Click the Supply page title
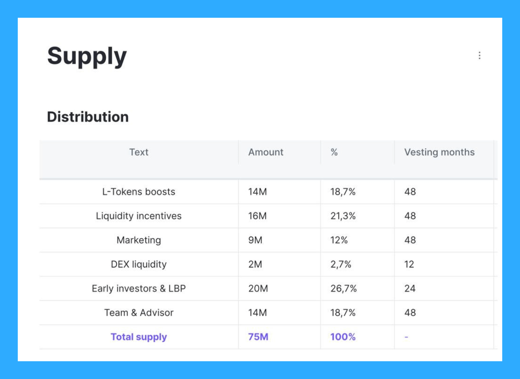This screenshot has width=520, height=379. click(x=87, y=57)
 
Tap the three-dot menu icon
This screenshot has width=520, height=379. click(x=479, y=55)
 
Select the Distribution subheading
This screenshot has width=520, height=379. click(x=88, y=117)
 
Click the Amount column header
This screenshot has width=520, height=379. click(x=266, y=152)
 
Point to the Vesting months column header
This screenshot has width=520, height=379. click(x=439, y=152)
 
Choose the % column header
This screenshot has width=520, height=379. click(x=334, y=152)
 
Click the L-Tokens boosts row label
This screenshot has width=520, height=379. click(x=139, y=192)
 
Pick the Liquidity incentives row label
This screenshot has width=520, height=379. click(x=139, y=216)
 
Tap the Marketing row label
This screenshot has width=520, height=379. click(x=139, y=240)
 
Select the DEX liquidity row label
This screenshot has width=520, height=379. click(x=139, y=264)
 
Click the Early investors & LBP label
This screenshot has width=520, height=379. click(x=139, y=288)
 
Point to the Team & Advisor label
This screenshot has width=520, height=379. click(x=139, y=313)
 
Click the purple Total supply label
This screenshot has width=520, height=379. click(x=139, y=337)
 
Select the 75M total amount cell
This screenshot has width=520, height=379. click(x=258, y=337)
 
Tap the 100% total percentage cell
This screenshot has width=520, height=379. click(x=343, y=337)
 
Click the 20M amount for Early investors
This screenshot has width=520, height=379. click(x=258, y=288)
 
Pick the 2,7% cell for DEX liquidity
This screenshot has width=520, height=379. click(x=341, y=264)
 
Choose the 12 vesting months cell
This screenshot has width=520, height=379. click(x=409, y=264)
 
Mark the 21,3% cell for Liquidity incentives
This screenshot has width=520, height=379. click(x=343, y=216)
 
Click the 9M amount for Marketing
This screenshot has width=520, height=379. click(x=255, y=240)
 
